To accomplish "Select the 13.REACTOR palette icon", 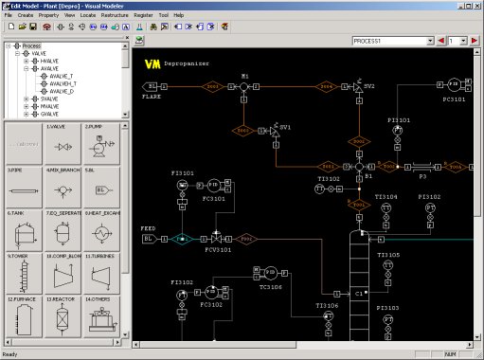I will [x=62, y=318].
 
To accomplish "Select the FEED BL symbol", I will [x=149, y=239].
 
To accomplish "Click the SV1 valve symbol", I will [x=275, y=127].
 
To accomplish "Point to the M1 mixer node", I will [x=243, y=86].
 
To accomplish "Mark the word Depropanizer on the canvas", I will [x=192, y=64].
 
